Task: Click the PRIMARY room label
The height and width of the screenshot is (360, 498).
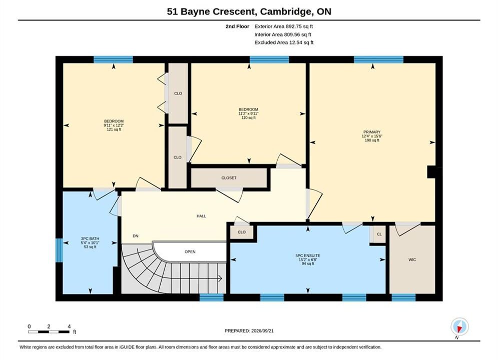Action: (372, 132)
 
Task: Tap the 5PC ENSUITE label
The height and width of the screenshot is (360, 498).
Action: (308, 255)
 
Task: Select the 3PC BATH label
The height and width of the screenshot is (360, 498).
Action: (90, 238)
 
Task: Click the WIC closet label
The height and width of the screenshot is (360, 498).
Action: (412, 259)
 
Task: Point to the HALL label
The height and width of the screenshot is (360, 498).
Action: (201, 216)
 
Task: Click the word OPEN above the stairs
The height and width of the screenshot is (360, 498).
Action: (190, 251)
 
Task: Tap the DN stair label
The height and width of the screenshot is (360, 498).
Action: (136, 236)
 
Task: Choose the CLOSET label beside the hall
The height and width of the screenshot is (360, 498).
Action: (229, 178)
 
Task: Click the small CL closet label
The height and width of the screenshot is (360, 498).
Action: (379, 234)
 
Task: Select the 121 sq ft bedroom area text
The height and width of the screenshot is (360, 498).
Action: (114, 129)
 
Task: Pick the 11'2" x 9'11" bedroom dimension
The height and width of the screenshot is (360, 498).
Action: (248, 113)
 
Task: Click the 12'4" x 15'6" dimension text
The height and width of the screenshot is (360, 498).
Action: (372, 136)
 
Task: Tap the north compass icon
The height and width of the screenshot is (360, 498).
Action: (459, 326)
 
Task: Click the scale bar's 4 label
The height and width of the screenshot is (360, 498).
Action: (69, 326)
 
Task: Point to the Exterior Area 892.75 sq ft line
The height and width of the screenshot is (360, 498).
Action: (284, 26)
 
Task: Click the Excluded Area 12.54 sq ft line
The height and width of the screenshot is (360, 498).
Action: (284, 42)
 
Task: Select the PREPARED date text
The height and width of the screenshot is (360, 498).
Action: (249, 330)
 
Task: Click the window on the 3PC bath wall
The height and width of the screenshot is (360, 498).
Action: (59, 250)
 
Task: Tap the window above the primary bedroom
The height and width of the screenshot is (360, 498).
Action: (378, 59)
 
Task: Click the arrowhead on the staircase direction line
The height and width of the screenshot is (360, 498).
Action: (220, 278)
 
